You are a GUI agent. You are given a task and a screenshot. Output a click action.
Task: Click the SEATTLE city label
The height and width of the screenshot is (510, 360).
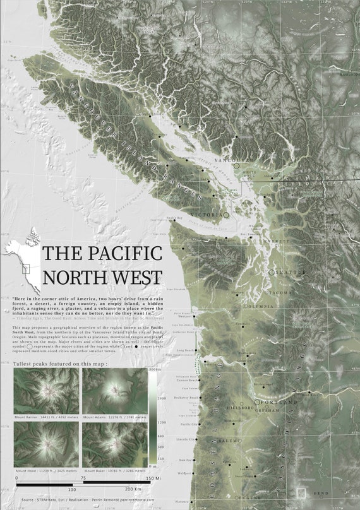coord(291,272)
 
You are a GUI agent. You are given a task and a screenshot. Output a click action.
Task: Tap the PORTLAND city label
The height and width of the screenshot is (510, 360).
coord(279,402)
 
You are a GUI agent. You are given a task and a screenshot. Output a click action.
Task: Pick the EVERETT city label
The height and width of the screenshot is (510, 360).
coord(276,241)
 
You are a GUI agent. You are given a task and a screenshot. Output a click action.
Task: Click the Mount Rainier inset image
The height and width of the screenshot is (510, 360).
coord(46,391)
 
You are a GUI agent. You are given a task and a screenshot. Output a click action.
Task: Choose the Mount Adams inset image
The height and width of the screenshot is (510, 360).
coord(114,391)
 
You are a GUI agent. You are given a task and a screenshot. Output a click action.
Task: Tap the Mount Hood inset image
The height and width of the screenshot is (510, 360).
coord(46,444)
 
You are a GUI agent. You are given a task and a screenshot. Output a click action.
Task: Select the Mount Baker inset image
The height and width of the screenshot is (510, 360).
coord(114,444)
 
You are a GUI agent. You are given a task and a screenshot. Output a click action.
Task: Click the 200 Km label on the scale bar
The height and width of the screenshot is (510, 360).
coord(132,489)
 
